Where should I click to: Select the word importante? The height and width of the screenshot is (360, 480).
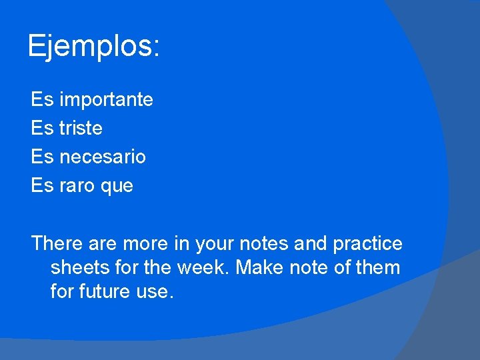106,100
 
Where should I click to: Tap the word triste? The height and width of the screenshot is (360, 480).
81,128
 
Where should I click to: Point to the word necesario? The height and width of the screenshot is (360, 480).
103,157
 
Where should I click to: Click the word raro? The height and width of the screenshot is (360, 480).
78,186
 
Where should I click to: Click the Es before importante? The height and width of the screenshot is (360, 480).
42,100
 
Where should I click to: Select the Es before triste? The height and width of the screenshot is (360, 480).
42,128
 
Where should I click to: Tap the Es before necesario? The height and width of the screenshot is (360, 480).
42,157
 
